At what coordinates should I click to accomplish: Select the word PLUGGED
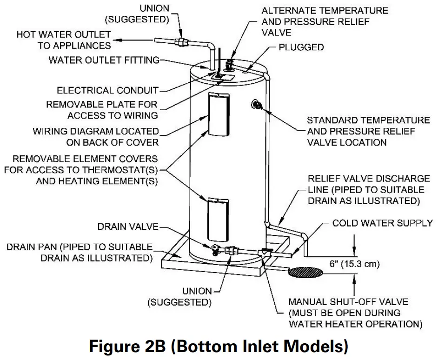point(301,47)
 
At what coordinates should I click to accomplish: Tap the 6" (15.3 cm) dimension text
point(347,265)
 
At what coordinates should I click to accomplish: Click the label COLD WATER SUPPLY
point(382,223)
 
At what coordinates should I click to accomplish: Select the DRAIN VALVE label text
point(128,227)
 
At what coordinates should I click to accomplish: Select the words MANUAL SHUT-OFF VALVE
point(345,301)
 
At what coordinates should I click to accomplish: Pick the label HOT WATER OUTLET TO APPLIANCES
point(64,40)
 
